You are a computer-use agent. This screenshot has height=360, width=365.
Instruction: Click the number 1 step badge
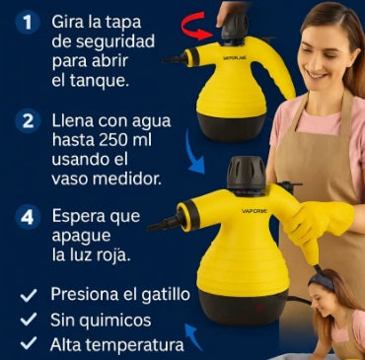tap(28, 22)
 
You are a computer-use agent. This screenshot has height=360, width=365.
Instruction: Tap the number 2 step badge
tap(28, 121)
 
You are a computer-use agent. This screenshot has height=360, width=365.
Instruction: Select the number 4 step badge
tap(28, 217)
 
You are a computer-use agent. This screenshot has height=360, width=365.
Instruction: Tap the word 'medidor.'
tap(127, 180)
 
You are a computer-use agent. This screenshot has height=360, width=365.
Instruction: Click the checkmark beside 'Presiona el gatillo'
tap(29, 295)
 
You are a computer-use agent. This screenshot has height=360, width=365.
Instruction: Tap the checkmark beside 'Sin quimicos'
tap(29, 320)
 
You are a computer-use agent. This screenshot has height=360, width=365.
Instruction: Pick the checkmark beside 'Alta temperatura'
tap(29, 343)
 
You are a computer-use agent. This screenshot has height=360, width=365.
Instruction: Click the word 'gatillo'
tap(166, 294)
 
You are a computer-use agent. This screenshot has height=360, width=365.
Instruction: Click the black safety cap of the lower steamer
tap(247, 173)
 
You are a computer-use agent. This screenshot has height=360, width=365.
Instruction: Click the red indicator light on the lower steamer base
tap(259, 308)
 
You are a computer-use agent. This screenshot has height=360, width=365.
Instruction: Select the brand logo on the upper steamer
tap(235, 58)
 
